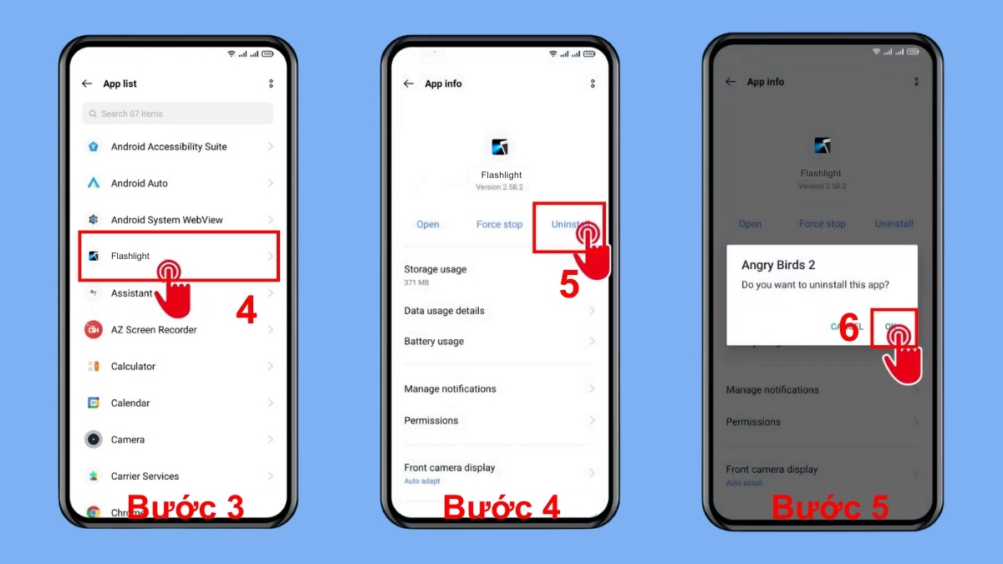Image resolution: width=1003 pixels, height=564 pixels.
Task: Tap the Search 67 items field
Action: [x=177, y=114]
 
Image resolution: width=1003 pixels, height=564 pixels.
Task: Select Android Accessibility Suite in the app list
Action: [x=169, y=147]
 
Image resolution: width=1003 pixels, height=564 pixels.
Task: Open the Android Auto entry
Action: [x=140, y=184]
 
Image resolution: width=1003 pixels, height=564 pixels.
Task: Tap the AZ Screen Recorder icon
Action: [x=94, y=330]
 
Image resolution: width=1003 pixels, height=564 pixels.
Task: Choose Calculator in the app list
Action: [x=134, y=367]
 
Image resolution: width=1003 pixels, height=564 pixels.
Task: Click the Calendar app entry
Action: [x=130, y=404]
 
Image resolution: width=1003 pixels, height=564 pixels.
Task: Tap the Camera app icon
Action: [x=94, y=440]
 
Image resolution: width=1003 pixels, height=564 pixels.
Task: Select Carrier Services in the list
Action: [x=145, y=476]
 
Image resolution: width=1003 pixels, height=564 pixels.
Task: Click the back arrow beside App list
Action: [x=87, y=84]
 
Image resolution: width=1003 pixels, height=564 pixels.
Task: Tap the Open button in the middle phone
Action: [x=428, y=225]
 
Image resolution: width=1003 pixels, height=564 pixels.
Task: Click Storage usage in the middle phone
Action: [x=435, y=270]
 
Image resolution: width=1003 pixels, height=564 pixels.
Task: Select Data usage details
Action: [x=445, y=311]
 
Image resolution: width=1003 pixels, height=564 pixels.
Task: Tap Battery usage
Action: [x=434, y=342]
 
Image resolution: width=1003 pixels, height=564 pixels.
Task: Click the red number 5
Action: [x=569, y=285]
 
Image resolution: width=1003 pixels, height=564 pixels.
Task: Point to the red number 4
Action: [x=246, y=312]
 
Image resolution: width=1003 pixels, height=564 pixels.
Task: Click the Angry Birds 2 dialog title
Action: [x=778, y=266]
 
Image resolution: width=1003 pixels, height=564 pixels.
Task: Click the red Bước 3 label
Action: [x=185, y=507]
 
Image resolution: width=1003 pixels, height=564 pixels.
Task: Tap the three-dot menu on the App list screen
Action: [x=271, y=84]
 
